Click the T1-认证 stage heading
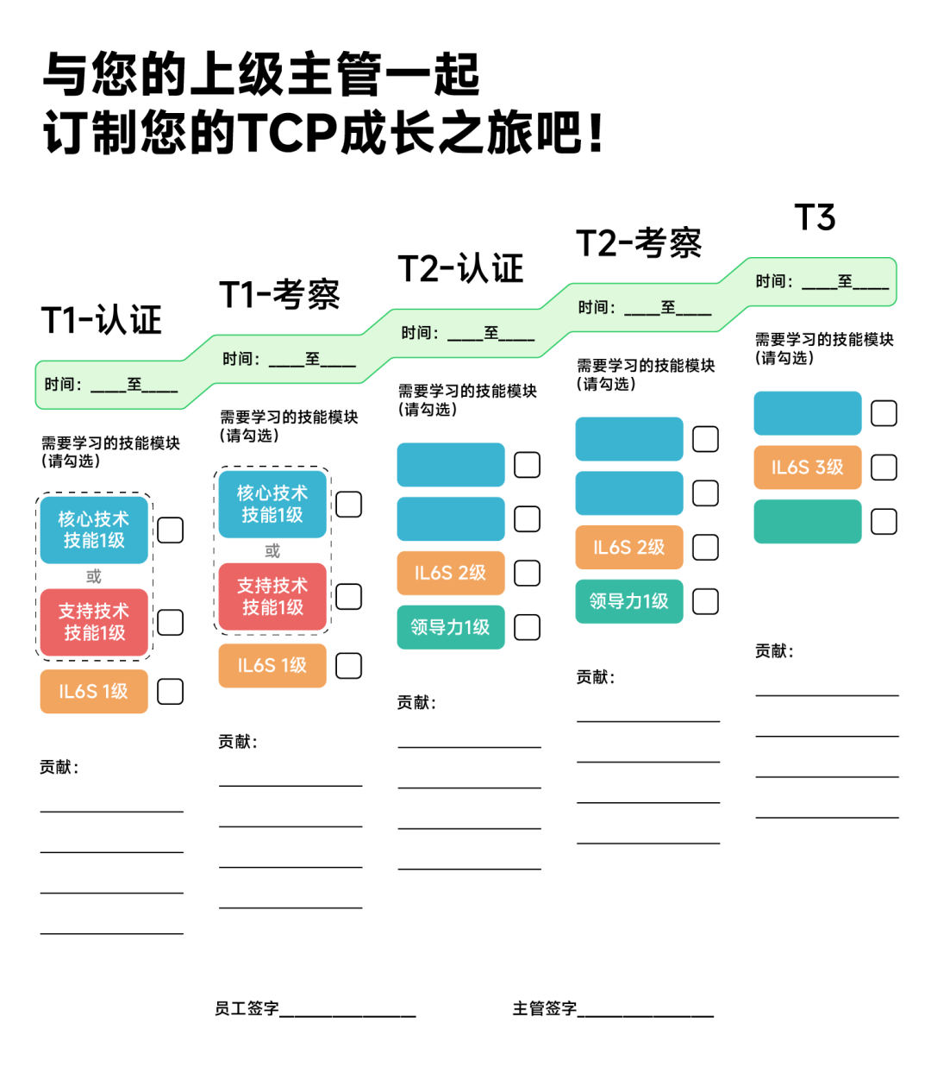pyautogui.click(x=102, y=320)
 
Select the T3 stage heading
pyautogui.click(x=815, y=217)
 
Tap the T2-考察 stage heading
pyautogui.click(x=639, y=243)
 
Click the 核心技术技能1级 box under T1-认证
pyautogui.click(x=94, y=530)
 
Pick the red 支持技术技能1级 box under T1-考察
pyautogui.click(x=272, y=597)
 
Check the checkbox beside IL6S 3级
pyautogui.click(x=884, y=468)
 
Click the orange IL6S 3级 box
pyautogui.click(x=808, y=468)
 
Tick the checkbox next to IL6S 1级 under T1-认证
pyautogui.click(x=171, y=692)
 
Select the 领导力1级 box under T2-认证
pyautogui.click(x=451, y=627)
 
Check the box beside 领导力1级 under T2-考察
pyautogui.click(x=705, y=601)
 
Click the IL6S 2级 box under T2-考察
pyautogui.click(x=629, y=547)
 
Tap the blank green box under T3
pyautogui.click(x=808, y=522)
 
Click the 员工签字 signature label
pyautogui.click(x=247, y=1008)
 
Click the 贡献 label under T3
pyautogui.click(x=773, y=651)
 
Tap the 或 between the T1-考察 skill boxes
pyautogui.click(x=272, y=550)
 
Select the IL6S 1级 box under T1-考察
pyautogui.click(x=272, y=666)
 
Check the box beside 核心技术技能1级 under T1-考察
pyautogui.click(x=348, y=505)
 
